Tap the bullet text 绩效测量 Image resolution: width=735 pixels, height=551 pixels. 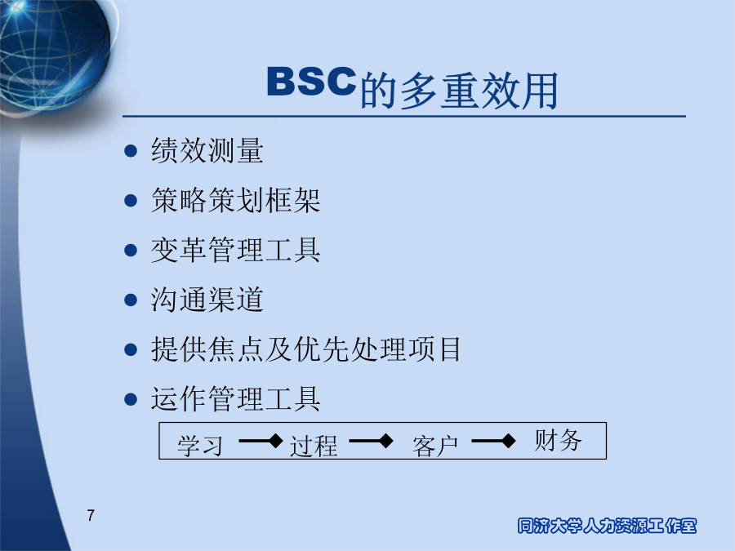[207, 150]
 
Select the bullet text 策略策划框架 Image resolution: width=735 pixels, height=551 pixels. [236, 200]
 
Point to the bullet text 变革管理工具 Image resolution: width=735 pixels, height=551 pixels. [236, 250]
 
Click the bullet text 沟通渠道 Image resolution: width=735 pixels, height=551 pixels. [207, 300]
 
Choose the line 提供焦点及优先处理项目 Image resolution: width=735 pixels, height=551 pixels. [306, 349]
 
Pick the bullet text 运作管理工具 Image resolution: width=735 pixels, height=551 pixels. [236, 398]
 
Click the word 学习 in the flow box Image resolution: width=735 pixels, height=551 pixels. [200, 446]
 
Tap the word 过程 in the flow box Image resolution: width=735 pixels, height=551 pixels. [314, 446]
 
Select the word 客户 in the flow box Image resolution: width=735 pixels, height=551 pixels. [435, 446]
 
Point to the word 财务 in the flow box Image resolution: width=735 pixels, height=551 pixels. [559, 440]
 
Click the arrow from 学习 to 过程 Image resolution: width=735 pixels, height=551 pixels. [261, 441]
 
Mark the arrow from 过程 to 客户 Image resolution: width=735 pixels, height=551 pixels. [372, 441]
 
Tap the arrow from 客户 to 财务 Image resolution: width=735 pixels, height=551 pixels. [493, 441]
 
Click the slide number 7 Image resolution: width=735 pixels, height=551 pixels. [91, 515]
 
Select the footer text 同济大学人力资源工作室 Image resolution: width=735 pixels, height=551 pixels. [607, 526]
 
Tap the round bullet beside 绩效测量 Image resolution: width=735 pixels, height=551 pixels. [131, 151]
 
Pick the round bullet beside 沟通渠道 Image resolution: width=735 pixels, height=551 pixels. [131, 300]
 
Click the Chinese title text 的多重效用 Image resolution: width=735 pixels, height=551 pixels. [459, 91]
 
